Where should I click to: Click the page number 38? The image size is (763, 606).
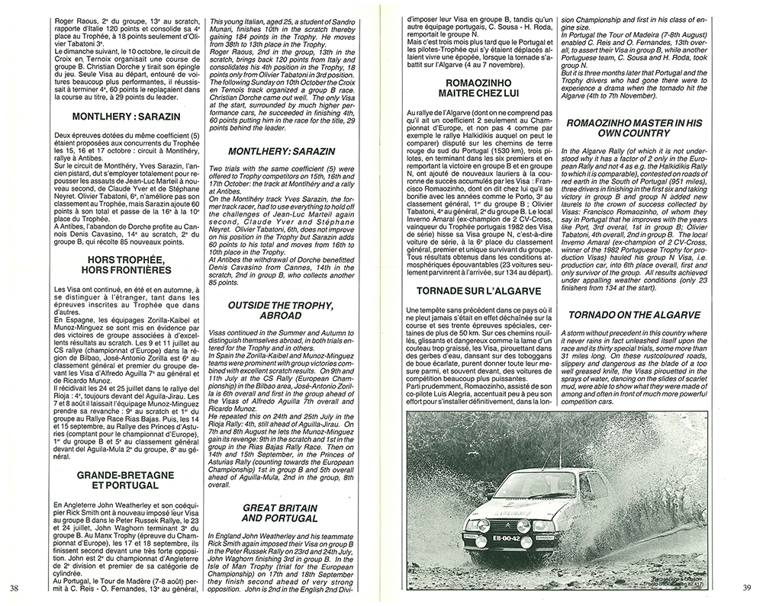pyautogui.click(x=14, y=587)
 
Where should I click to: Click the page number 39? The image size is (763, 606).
pyautogui.click(x=748, y=587)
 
